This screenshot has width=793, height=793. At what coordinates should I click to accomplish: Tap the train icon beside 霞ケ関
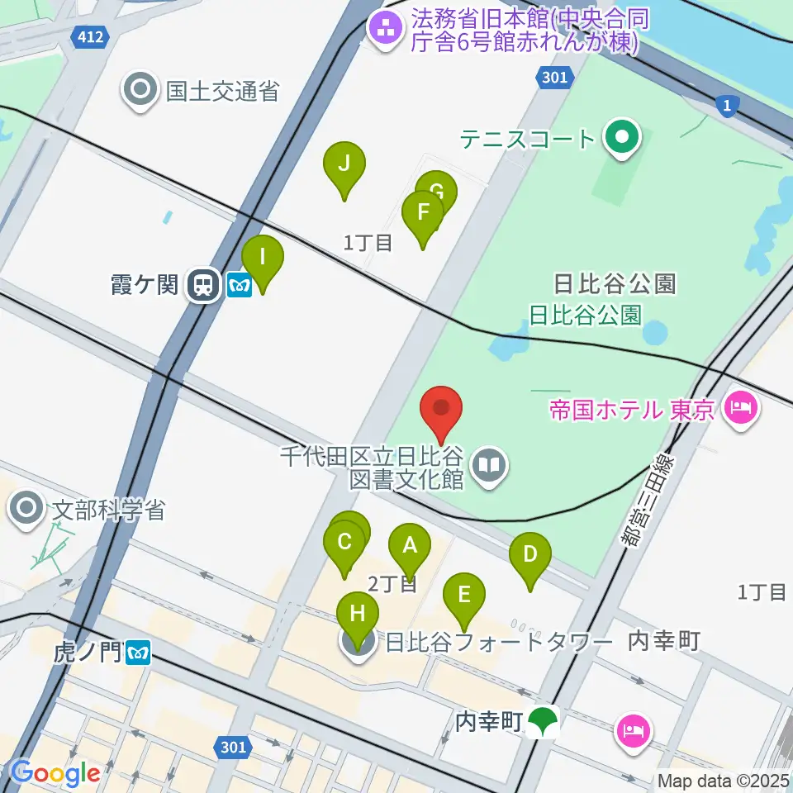[x=202, y=286]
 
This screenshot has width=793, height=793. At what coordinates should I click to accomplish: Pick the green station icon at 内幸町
[x=543, y=723]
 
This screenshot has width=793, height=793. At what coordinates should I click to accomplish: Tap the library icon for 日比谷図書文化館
[x=491, y=467]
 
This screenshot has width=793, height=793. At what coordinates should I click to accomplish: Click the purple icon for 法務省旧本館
[x=385, y=31]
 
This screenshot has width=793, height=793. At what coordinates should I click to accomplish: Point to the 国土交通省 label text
[x=222, y=90]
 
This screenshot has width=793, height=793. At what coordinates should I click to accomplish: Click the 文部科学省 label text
[x=108, y=509]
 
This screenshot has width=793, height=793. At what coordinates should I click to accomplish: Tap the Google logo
[x=55, y=773]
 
